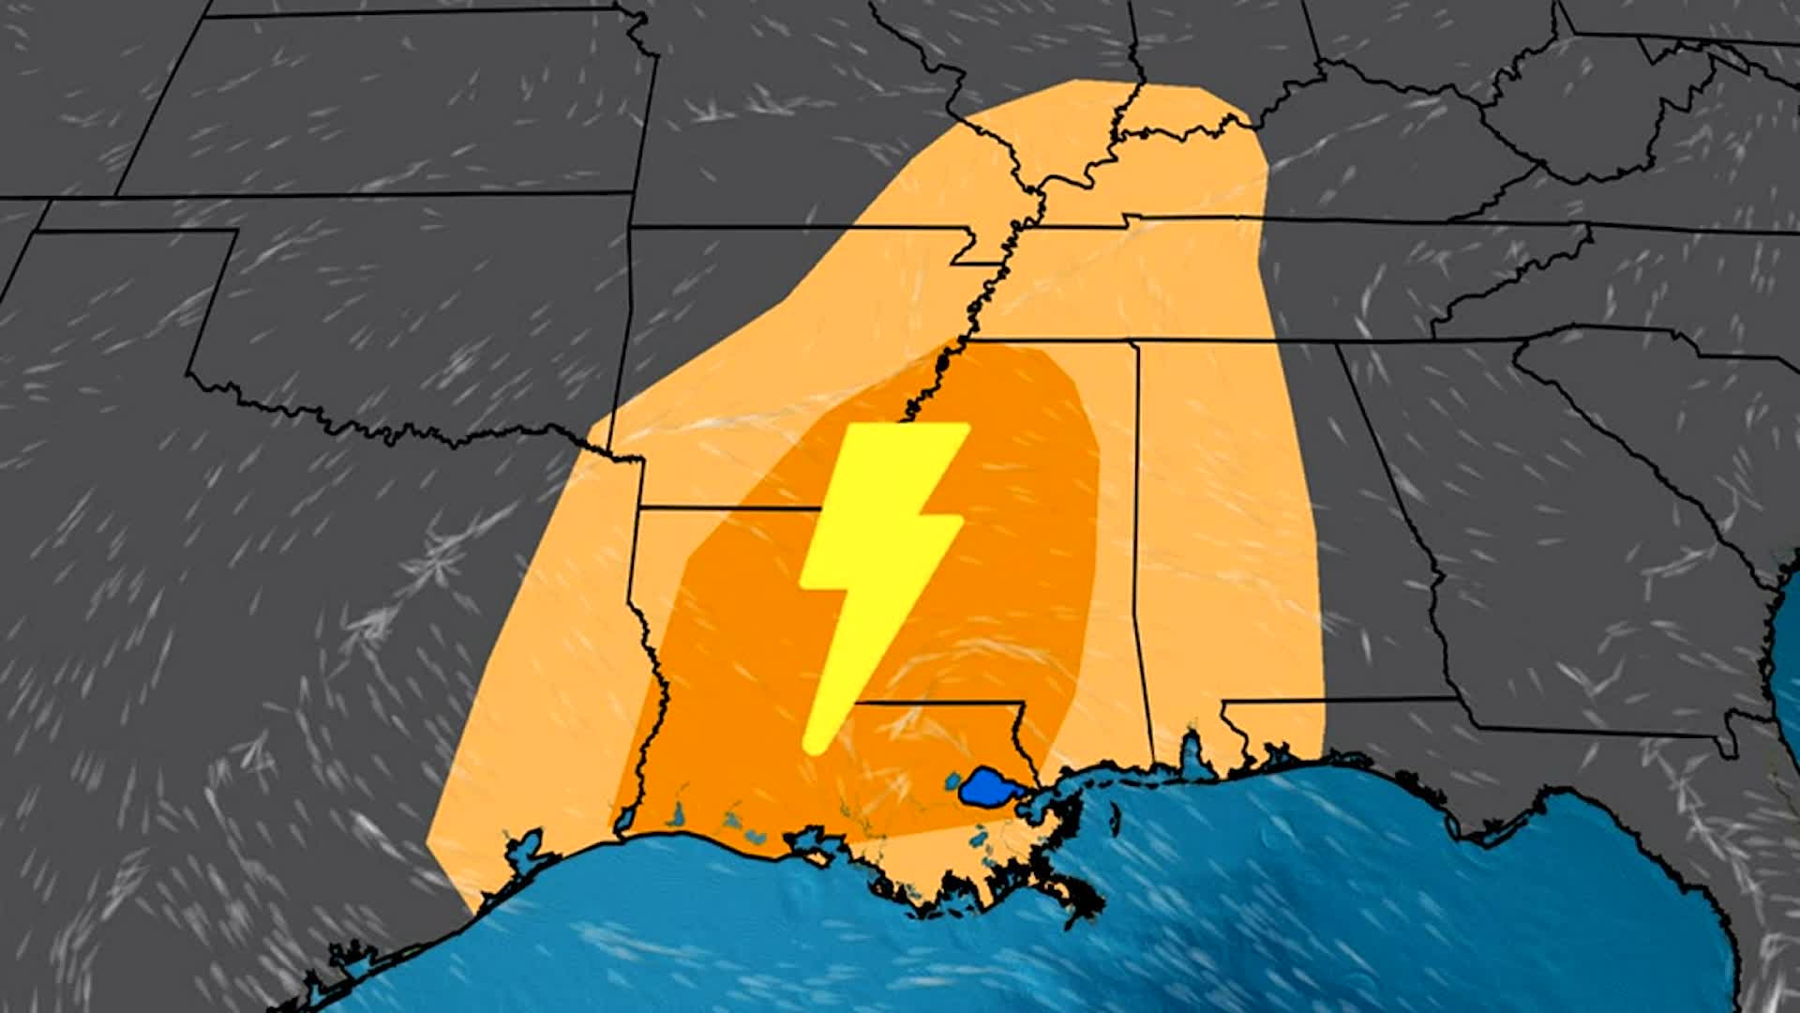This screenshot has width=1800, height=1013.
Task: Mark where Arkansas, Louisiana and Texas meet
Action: pos(639,509)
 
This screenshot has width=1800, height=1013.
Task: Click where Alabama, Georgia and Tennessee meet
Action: pos(1339,343)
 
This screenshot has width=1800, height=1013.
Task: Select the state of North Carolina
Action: pos(1641,272)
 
